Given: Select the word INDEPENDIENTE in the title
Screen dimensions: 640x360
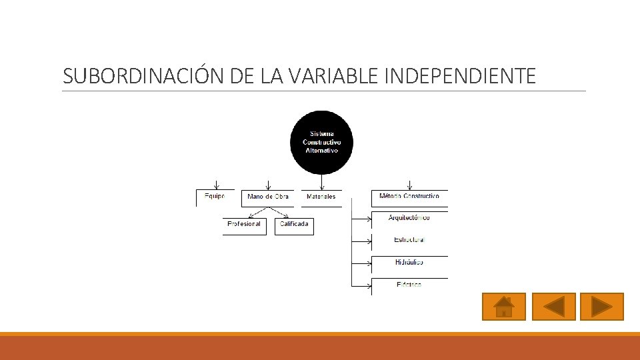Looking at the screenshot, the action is [x=461, y=76].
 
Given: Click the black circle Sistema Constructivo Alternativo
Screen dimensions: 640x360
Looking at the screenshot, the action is [x=321, y=142].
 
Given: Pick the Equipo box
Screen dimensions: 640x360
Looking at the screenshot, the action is [x=215, y=197].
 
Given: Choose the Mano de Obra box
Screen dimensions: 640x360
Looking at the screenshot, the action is [x=267, y=197].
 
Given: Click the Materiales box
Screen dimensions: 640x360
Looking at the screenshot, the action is [x=321, y=197].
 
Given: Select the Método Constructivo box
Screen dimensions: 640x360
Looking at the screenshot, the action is [x=409, y=197].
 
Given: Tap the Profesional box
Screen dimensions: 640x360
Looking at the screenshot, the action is [x=244, y=225].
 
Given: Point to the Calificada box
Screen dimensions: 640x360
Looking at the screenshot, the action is [x=294, y=225].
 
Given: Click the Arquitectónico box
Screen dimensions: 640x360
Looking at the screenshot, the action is [x=409, y=219].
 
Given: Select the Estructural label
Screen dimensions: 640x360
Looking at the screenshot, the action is [x=409, y=240].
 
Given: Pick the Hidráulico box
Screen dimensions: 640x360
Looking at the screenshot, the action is [x=409, y=263].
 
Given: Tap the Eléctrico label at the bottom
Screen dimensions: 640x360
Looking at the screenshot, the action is [x=409, y=285].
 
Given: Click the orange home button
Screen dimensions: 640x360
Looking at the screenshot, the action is [x=504, y=307].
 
